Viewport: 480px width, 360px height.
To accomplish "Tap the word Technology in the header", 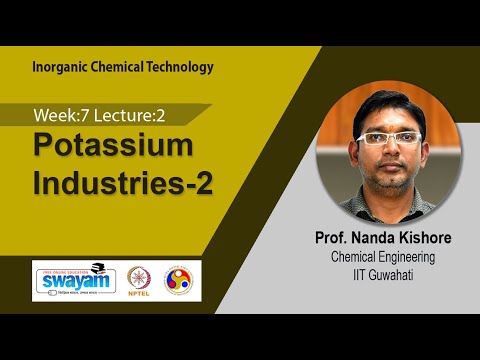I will point(178,68).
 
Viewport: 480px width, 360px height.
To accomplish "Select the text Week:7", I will point(61,114).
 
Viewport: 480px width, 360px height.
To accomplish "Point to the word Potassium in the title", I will point(112,146).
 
